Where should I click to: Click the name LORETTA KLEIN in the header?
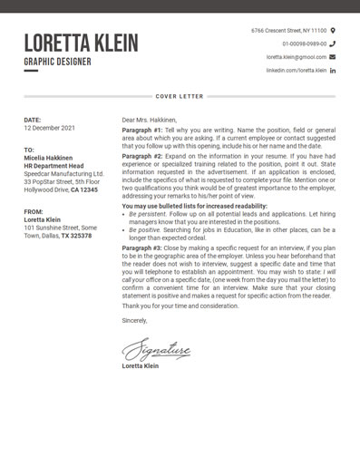81,43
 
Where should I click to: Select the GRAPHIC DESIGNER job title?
57,62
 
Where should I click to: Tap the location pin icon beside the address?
333,31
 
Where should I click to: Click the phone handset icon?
333,44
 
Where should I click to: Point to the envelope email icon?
333,57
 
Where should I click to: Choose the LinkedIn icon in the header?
333,71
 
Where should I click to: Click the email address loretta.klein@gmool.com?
296,57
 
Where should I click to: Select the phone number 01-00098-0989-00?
304,44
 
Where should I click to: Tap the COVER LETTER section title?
180,96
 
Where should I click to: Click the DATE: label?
33,120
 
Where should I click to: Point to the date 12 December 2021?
49,128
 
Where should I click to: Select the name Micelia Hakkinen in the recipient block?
48,158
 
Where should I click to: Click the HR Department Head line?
54,166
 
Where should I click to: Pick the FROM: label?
34,211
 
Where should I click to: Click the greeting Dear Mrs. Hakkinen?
150,120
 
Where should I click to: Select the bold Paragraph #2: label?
142,156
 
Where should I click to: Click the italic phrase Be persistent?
146,214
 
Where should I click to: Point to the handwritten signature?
156,349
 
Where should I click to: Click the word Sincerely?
134,320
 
